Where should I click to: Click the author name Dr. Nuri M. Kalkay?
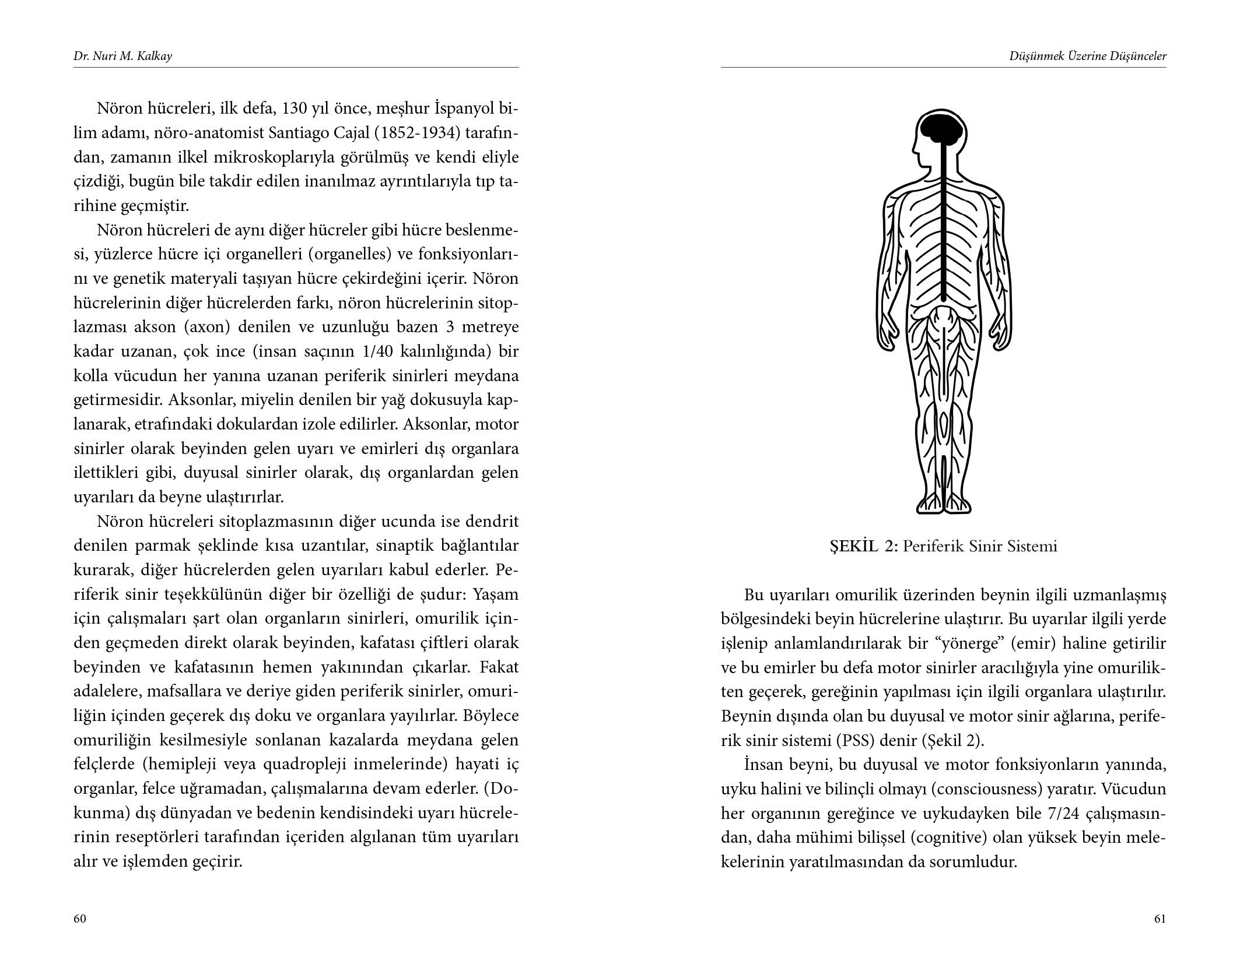click(122, 57)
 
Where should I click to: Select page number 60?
click(80, 919)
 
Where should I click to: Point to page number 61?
click(1160, 919)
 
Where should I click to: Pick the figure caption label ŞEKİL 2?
click(864, 547)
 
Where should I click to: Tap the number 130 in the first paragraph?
click(297, 109)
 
